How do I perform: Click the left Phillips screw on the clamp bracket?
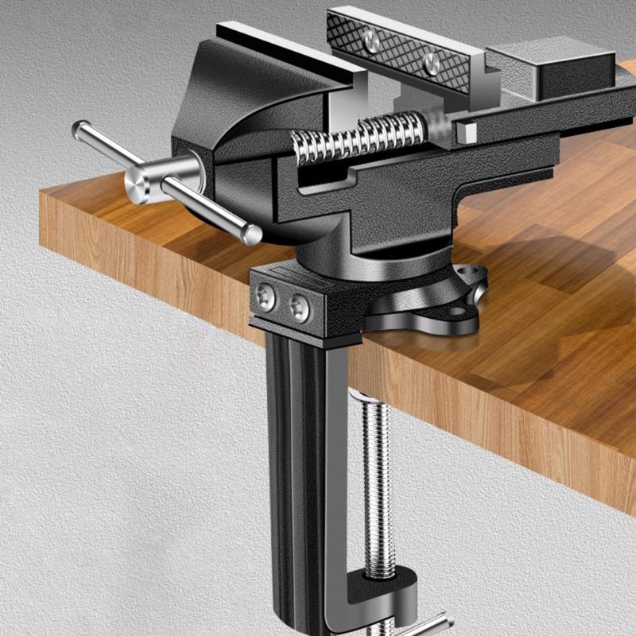(x=266, y=297)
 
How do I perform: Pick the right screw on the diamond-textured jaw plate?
(x=432, y=64)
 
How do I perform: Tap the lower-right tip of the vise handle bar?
(x=253, y=235)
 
